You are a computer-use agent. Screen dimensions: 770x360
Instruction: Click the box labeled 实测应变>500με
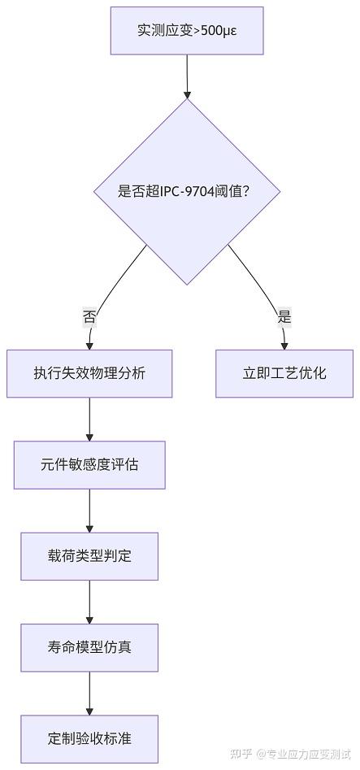pyautogui.click(x=187, y=31)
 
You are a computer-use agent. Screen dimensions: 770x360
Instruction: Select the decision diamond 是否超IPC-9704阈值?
pyautogui.click(x=187, y=192)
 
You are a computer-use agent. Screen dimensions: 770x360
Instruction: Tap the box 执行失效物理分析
pyautogui.click(x=89, y=373)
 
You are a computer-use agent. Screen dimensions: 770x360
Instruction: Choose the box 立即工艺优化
pyautogui.click(x=284, y=373)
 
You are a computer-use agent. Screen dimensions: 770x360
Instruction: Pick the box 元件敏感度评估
pyautogui.click(x=89, y=465)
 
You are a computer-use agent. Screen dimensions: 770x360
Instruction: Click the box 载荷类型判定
pyautogui.click(x=89, y=556)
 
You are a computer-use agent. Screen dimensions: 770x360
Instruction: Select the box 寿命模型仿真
pyautogui.click(x=89, y=647)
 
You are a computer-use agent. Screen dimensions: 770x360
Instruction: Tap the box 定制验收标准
pyautogui.click(x=89, y=738)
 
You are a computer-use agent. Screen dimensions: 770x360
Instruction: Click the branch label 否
pyautogui.click(x=89, y=317)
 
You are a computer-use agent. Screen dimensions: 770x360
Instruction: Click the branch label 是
pyautogui.click(x=284, y=317)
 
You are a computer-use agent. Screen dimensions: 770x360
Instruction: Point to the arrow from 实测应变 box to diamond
pyautogui.click(x=187, y=76)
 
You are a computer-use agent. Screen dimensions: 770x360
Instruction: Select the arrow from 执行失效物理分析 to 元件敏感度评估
pyautogui.click(x=89, y=419)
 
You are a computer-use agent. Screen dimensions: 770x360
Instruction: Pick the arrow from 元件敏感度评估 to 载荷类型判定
pyautogui.click(x=89, y=511)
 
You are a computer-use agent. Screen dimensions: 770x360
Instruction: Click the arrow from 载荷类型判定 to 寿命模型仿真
pyautogui.click(x=89, y=602)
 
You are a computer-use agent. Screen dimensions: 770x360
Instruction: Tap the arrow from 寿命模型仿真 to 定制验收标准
pyautogui.click(x=89, y=693)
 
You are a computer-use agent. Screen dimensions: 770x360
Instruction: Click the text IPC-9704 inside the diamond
pyautogui.click(x=188, y=192)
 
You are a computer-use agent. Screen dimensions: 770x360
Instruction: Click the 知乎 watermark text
pyautogui.click(x=241, y=754)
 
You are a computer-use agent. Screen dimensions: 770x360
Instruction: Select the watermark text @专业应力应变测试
pyautogui.click(x=304, y=754)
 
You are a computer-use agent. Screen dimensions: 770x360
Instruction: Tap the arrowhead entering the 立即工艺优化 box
pyautogui.click(x=284, y=345)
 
